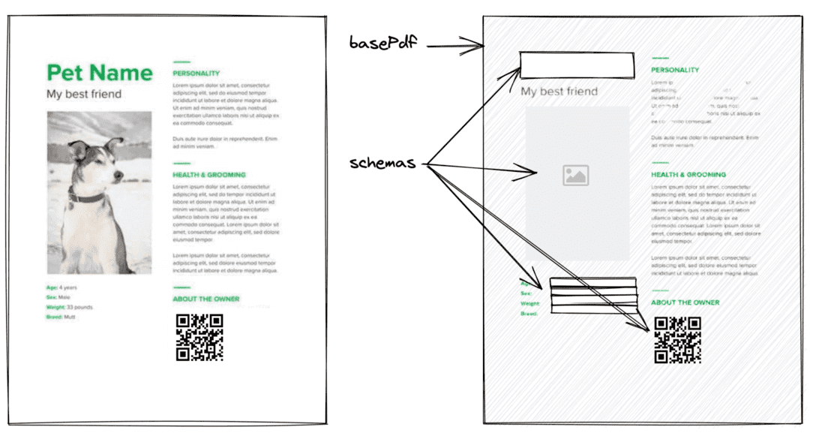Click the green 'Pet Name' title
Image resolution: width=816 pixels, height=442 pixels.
(x=99, y=73)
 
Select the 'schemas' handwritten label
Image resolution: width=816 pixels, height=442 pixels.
(x=382, y=164)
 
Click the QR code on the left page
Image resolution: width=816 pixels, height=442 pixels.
(x=199, y=338)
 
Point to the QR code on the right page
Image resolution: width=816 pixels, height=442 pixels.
(x=678, y=341)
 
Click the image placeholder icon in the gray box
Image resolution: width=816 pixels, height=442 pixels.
(x=575, y=176)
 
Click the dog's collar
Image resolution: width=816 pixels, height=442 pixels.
(x=87, y=198)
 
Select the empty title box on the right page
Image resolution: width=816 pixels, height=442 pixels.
(x=577, y=66)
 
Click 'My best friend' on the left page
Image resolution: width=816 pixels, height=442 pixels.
(x=84, y=95)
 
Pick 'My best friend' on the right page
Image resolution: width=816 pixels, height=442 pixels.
(x=559, y=92)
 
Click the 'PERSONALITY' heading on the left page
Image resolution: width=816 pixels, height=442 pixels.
(x=196, y=74)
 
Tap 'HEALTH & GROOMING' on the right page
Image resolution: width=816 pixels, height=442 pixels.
(x=688, y=175)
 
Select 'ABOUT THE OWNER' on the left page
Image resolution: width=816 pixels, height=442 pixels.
(x=206, y=299)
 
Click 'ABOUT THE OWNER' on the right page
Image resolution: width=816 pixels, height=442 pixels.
(x=685, y=302)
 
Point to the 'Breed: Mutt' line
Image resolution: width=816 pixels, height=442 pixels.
(x=61, y=317)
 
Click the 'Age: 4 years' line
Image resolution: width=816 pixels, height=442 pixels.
(x=61, y=287)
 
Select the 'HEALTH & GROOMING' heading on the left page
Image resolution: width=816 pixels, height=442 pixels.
(x=209, y=175)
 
